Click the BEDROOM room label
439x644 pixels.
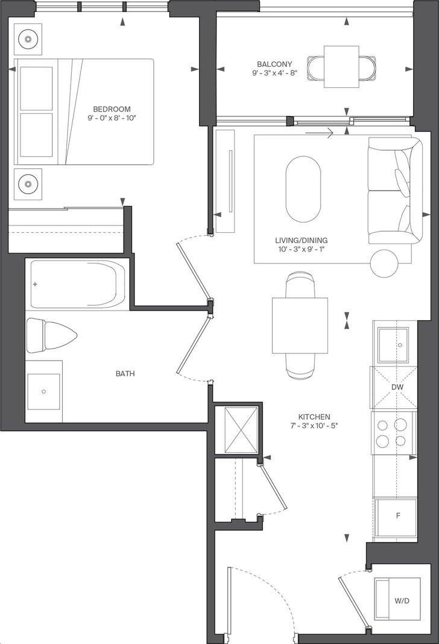click(x=112, y=109)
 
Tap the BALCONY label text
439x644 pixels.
click(x=274, y=64)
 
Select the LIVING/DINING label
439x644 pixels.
click(x=302, y=240)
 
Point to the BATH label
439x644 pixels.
click(x=125, y=374)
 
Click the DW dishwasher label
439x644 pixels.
click(x=397, y=387)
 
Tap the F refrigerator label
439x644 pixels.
click(x=398, y=516)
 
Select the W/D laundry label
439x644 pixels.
click(x=402, y=601)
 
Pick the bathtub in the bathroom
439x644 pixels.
click(x=78, y=284)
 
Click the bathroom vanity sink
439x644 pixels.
click(x=43, y=391)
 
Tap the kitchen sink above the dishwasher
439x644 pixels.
click(x=393, y=346)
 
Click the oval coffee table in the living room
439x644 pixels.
click(x=303, y=189)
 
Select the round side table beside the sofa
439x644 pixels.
click(x=384, y=264)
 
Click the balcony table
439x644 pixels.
click(x=342, y=67)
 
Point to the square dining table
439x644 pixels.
click(x=300, y=325)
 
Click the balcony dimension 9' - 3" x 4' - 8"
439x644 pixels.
click(x=274, y=73)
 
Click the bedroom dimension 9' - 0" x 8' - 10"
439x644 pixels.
click(x=112, y=118)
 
